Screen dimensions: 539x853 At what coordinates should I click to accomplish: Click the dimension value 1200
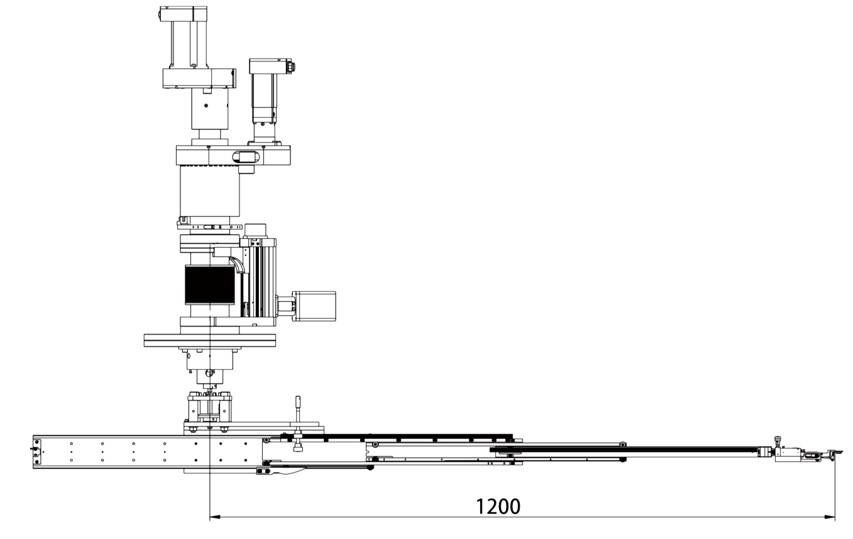(x=498, y=506)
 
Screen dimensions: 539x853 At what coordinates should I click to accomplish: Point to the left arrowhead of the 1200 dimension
(x=214, y=518)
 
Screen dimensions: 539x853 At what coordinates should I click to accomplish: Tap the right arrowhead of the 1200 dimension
(x=830, y=518)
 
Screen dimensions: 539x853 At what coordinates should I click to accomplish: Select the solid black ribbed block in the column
(x=209, y=285)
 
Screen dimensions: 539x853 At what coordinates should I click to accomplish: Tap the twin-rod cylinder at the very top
(x=183, y=38)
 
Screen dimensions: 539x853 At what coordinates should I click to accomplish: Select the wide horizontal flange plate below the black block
(x=210, y=340)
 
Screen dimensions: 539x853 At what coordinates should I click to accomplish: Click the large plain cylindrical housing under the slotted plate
(x=209, y=191)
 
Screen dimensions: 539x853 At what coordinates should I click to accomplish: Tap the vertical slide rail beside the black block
(x=258, y=280)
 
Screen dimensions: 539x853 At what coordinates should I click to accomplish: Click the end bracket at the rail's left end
(x=36, y=451)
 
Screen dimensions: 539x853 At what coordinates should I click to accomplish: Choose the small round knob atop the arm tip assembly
(x=778, y=439)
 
